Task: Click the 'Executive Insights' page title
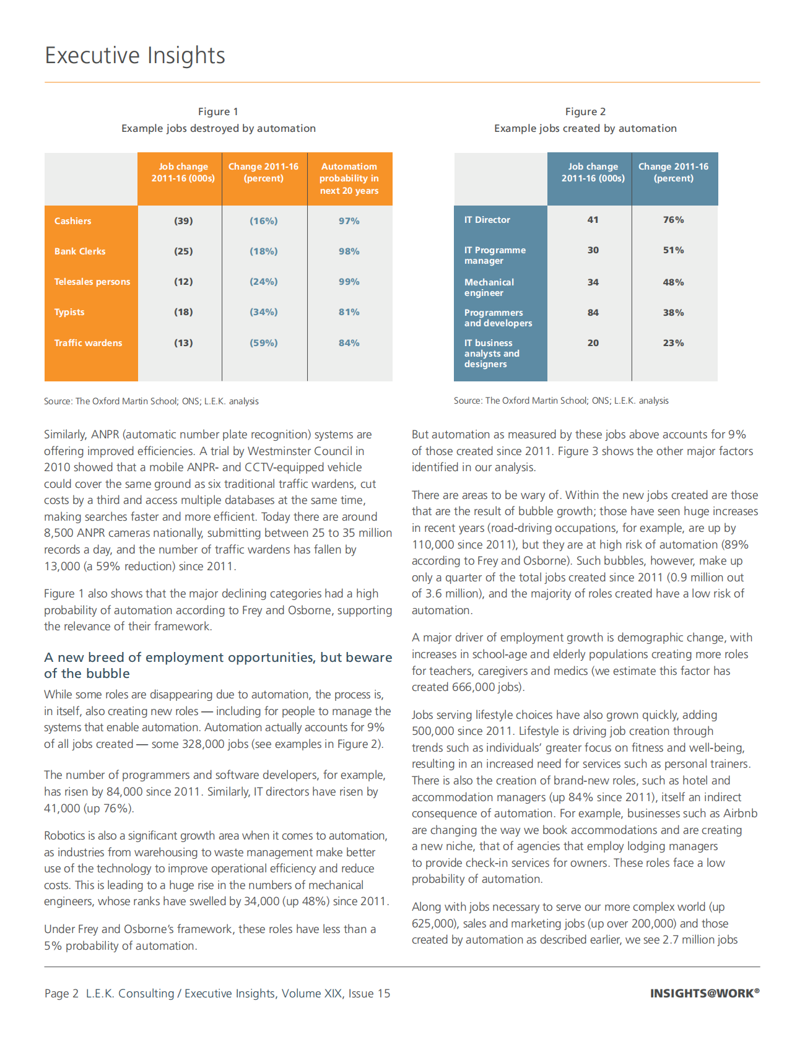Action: [135, 55]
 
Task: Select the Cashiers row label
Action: [73, 221]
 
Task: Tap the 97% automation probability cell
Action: [349, 221]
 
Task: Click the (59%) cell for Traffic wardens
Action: [264, 343]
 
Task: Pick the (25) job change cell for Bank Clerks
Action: [183, 251]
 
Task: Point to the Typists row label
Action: [69, 312]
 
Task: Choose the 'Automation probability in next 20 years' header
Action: [349, 178]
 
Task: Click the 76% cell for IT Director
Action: [673, 220]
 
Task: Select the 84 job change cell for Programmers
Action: [593, 313]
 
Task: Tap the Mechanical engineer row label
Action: [489, 287]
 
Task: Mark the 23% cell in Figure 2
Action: [673, 343]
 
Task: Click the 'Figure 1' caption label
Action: [218, 111]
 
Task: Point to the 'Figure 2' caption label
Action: [585, 111]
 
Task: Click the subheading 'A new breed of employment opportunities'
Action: [218, 665]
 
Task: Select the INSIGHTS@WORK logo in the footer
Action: [704, 993]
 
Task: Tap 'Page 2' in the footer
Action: [61, 993]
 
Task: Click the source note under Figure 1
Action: [151, 401]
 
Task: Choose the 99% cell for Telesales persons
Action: [349, 282]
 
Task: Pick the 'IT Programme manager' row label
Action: [495, 255]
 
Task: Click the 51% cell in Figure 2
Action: [673, 250]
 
